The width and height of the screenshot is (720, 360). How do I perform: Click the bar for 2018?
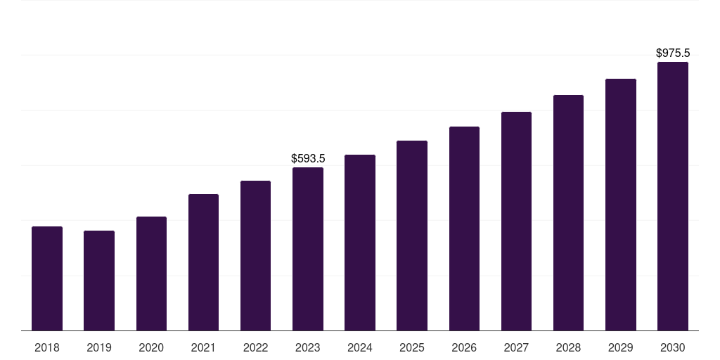[x=47, y=278]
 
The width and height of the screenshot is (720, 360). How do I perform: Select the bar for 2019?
[x=99, y=281]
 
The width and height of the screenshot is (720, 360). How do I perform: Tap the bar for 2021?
[x=203, y=262]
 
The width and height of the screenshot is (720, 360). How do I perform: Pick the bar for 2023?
[x=308, y=249]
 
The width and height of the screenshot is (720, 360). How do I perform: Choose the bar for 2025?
[x=412, y=236]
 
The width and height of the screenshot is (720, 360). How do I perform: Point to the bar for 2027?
[x=516, y=221]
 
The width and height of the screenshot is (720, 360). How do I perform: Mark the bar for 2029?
[x=621, y=205]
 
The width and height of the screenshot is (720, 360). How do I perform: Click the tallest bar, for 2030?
[x=673, y=196]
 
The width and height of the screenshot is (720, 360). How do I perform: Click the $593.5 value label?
[x=308, y=159]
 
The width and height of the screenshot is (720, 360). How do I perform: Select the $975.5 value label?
[x=673, y=53]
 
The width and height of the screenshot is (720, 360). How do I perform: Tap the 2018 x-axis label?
[x=47, y=347]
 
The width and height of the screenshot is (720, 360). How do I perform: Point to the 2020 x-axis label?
[x=151, y=347]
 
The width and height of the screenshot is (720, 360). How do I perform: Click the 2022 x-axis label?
[x=255, y=347]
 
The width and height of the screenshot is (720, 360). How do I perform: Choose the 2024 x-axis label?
[x=360, y=347]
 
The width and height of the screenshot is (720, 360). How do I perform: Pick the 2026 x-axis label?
[x=464, y=347]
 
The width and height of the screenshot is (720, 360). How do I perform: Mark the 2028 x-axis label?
[x=568, y=347]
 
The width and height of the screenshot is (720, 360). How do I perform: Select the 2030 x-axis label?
[x=673, y=347]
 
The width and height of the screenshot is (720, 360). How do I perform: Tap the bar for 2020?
[x=151, y=274]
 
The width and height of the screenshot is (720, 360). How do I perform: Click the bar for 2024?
[x=360, y=243]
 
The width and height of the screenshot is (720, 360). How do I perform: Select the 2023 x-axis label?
[x=308, y=347]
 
